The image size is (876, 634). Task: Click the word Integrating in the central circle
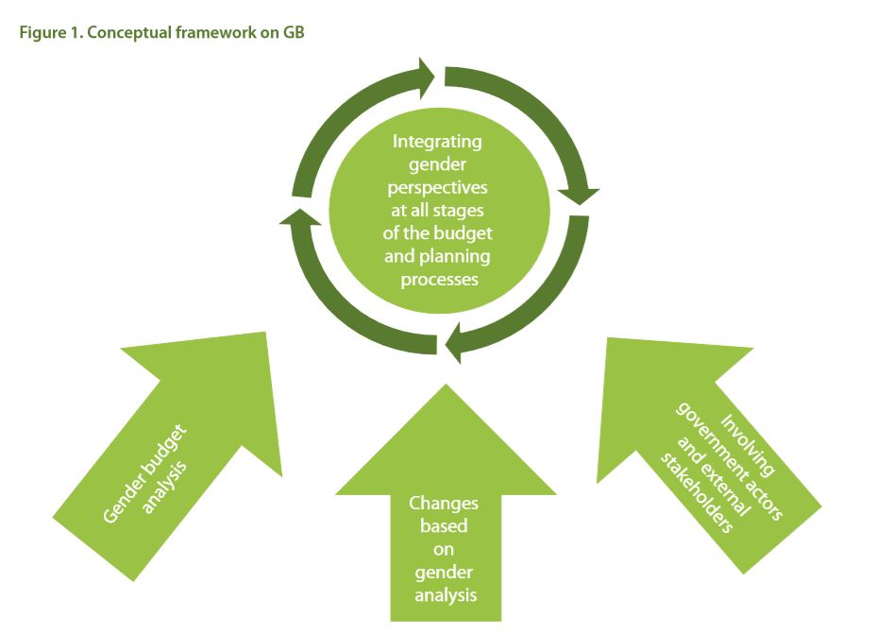click(x=437, y=142)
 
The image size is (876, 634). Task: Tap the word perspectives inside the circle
click(x=437, y=187)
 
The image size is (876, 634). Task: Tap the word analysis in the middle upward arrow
click(x=444, y=594)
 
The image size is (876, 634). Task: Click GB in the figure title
click(x=294, y=31)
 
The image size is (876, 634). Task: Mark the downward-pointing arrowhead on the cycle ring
click(x=579, y=193)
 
